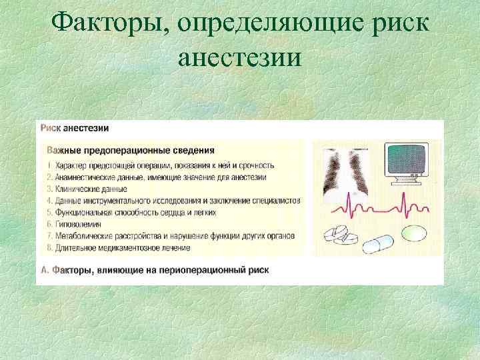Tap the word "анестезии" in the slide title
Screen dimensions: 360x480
[x=240, y=58]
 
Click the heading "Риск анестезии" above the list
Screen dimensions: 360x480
[x=75, y=129]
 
